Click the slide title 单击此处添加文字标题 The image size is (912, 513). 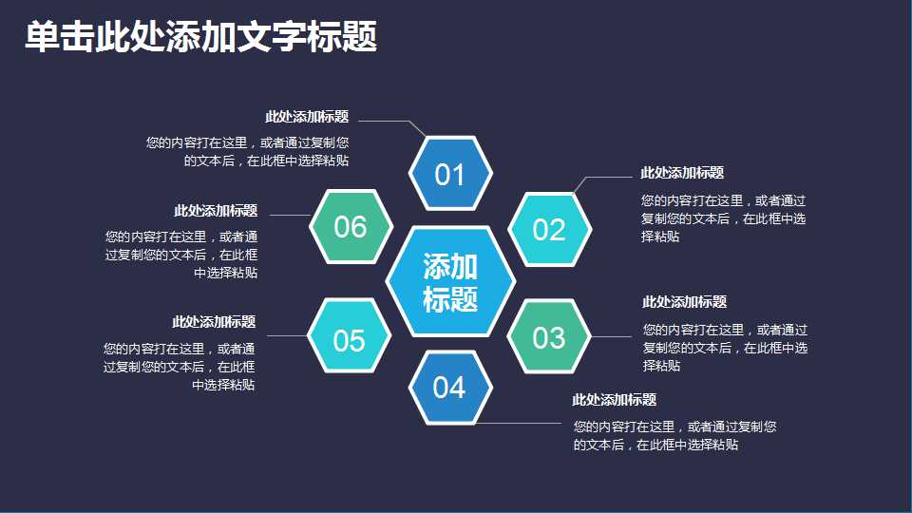click(x=200, y=37)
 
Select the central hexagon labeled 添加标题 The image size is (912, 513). click(x=450, y=282)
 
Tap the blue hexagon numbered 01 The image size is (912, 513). click(x=450, y=174)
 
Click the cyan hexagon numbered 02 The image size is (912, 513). click(x=549, y=229)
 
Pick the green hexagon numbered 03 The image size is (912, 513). click(x=549, y=337)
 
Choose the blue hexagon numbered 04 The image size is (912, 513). click(x=450, y=388)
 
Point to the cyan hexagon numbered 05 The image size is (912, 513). click(x=350, y=339)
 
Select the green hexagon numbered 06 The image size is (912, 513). click(x=351, y=227)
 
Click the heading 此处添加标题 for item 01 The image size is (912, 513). click(x=307, y=117)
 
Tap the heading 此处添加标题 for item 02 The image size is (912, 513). click(x=682, y=173)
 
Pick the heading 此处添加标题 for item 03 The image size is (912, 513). click(x=684, y=302)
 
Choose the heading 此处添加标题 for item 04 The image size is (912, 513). click(x=614, y=400)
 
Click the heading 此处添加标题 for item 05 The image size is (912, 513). click(x=214, y=323)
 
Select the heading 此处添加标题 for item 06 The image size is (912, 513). click(x=216, y=211)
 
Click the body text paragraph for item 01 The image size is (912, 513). click(x=248, y=152)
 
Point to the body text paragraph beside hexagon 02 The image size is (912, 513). click(x=723, y=218)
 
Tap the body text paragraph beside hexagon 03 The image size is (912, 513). click(x=725, y=348)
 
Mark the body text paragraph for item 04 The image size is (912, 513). click(x=674, y=435)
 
